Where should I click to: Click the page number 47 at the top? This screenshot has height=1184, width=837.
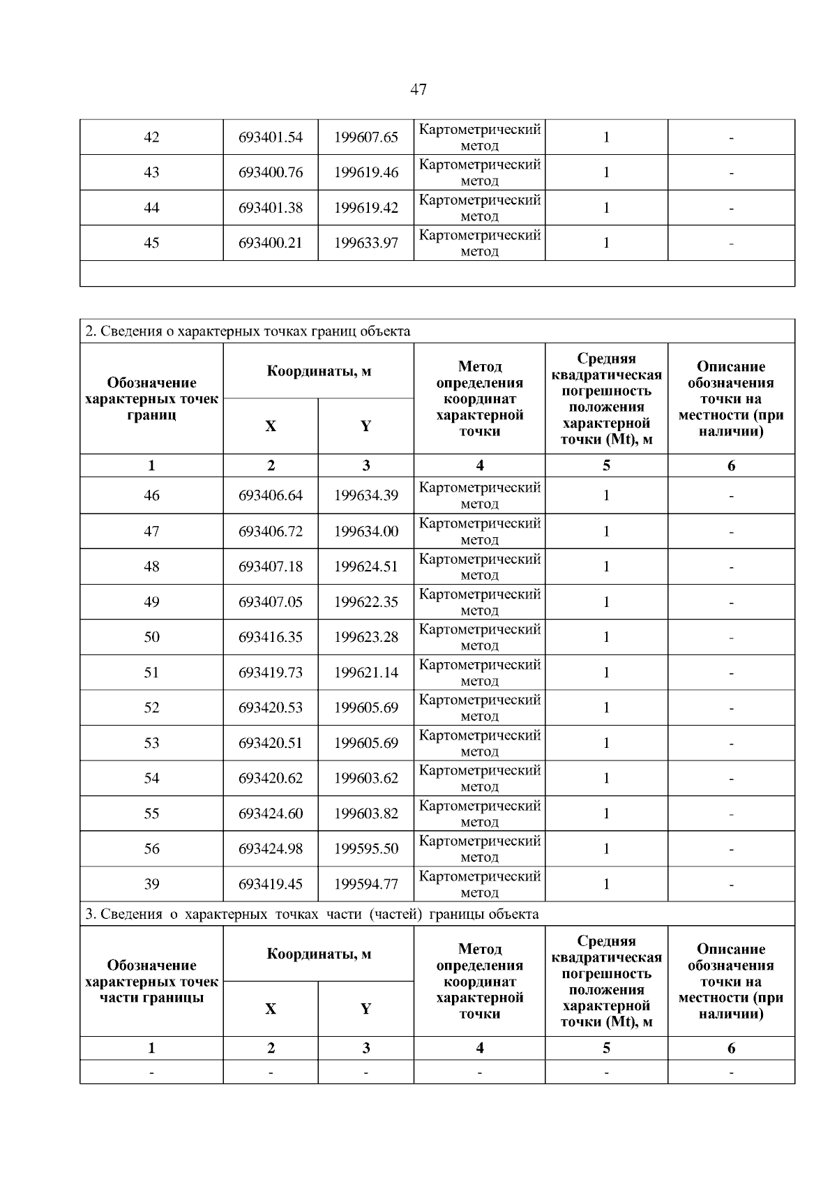pyautogui.click(x=418, y=89)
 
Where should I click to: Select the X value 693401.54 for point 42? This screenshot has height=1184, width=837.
pyautogui.click(x=271, y=137)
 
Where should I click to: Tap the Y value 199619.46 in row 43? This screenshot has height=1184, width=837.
pyautogui.click(x=366, y=172)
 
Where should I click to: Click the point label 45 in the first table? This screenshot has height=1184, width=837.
pyautogui.click(x=151, y=243)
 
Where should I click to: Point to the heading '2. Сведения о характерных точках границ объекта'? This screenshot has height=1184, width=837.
pyautogui.click(x=248, y=331)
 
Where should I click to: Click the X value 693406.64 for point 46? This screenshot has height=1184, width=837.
pyautogui.click(x=271, y=495)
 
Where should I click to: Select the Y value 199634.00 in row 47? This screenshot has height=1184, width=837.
pyautogui.click(x=366, y=532)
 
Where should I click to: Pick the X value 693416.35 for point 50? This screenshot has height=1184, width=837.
pyautogui.click(x=271, y=637)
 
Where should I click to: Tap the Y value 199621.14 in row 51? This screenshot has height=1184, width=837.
pyautogui.click(x=366, y=673)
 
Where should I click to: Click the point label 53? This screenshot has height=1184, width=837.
pyautogui.click(x=151, y=743)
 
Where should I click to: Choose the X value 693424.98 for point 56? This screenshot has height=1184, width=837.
pyautogui.click(x=271, y=849)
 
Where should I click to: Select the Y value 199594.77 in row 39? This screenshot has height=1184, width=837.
pyautogui.click(x=366, y=885)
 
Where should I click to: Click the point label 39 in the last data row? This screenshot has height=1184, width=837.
pyautogui.click(x=151, y=885)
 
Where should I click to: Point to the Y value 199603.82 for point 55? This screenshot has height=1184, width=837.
pyautogui.click(x=366, y=814)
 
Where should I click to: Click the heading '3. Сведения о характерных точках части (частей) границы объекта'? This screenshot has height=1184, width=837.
pyautogui.click(x=312, y=914)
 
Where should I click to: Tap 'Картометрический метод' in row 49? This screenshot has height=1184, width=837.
pyautogui.click(x=480, y=602)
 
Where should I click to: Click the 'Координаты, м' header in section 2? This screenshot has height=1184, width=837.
pyautogui.click(x=319, y=371)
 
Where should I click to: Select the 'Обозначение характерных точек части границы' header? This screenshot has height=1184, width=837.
pyautogui.click(x=151, y=981)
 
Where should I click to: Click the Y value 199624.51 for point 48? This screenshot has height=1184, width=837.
pyautogui.click(x=366, y=567)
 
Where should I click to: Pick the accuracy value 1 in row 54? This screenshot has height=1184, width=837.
pyautogui.click(x=606, y=778)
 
